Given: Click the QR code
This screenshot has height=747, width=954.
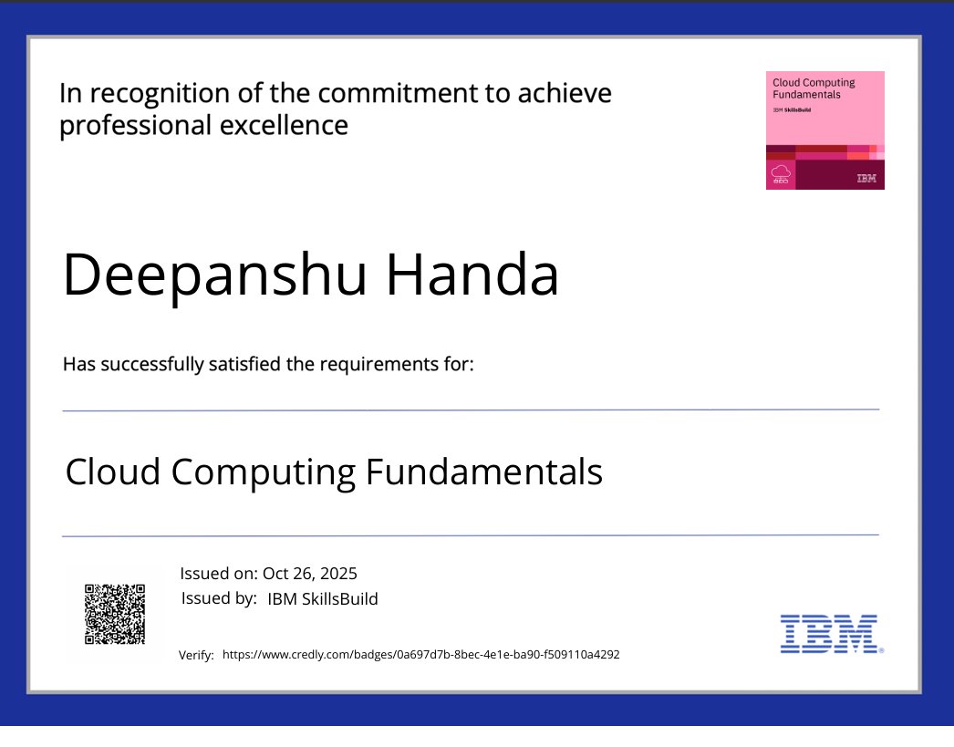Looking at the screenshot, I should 115,615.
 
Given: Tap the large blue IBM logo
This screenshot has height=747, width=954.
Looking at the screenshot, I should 829,633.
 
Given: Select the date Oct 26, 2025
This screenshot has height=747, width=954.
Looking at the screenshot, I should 310,574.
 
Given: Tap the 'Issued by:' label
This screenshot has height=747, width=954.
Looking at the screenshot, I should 219,598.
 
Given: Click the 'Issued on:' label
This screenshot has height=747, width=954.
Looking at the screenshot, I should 219,574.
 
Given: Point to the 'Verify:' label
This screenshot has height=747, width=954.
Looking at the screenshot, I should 196,655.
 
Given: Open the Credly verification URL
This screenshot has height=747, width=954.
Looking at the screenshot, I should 421,654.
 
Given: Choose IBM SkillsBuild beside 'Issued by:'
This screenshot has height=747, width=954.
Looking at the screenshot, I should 322,599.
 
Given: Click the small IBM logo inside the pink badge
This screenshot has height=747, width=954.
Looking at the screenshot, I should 866,179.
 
